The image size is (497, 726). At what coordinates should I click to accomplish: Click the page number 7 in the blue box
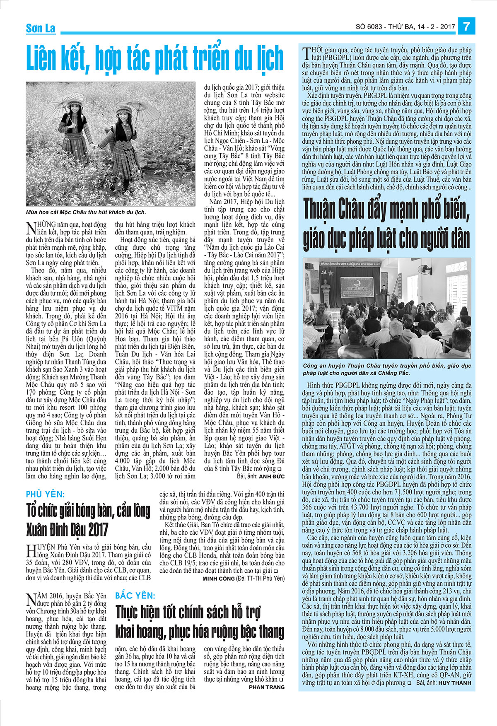coord(467,26)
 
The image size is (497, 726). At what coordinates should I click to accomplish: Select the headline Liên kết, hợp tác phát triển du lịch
coord(155,58)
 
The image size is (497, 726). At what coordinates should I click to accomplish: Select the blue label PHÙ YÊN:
coord(45,494)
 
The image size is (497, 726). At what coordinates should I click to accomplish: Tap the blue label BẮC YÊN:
coord(135,596)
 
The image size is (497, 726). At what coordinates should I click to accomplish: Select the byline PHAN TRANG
coord(267,687)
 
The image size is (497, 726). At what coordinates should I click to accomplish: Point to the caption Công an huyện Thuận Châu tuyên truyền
coord(387,369)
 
